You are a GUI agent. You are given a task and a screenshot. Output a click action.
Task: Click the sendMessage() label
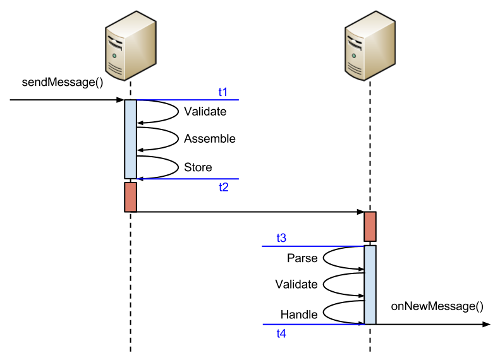pos(63,82)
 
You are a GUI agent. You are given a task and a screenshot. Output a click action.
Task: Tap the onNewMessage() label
pos(437,306)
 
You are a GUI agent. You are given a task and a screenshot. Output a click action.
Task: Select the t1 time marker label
pos(223,92)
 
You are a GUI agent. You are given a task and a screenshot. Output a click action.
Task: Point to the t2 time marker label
pos(223,187)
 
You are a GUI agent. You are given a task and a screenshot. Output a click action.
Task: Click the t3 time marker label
pos(281,238)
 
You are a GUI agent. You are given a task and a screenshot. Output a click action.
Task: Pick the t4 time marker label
pos(281,333)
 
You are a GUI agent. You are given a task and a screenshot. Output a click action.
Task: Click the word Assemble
pos(210,139)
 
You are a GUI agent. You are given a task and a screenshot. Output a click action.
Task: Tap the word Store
pos(198,167)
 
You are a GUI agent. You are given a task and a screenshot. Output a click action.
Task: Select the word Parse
pos(302,258)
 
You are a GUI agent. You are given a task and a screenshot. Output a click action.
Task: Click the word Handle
pos(298,314)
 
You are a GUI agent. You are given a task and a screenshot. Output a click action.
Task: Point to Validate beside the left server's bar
pos(205,112)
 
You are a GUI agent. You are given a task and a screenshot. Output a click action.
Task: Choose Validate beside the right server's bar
pos(296,284)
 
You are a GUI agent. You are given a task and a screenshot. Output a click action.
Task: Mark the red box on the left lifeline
pos(130,196)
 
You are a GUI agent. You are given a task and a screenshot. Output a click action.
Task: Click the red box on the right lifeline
pos(370,227)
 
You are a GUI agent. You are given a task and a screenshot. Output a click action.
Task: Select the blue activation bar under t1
pos(130,139)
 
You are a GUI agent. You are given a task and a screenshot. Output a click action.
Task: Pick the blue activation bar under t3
pos(370,284)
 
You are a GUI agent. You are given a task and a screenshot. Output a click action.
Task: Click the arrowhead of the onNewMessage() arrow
pos(486,325)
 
